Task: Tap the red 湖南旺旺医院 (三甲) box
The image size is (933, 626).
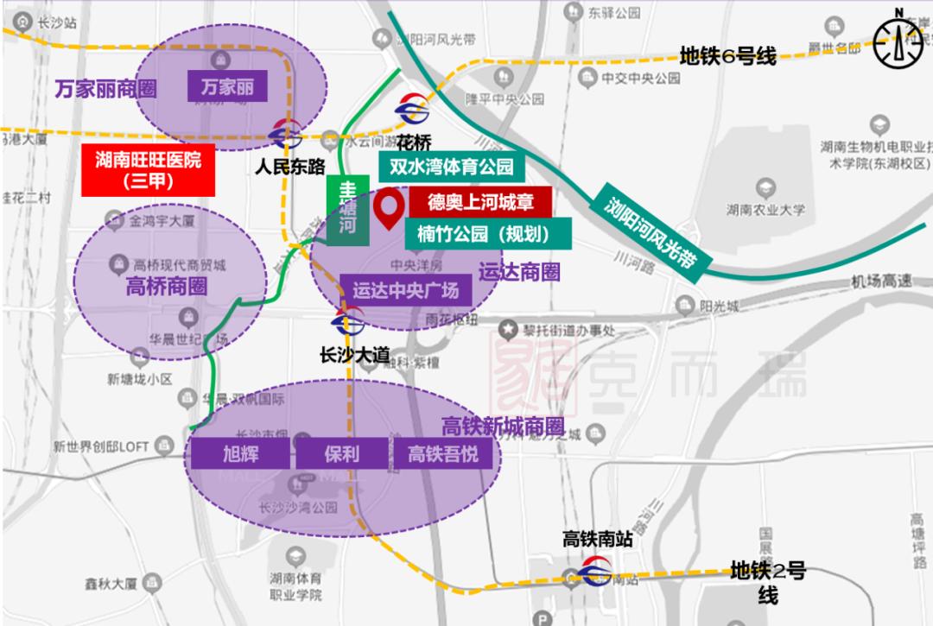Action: [x=148, y=170]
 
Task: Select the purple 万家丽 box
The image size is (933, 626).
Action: [x=227, y=87]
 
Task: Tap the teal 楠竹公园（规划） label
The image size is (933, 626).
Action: [x=487, y=231]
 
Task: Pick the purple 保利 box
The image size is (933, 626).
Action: [x=342, y=454]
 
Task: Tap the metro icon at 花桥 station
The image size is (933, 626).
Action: [x=413, y=110]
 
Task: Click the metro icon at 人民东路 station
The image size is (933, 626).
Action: [x=285, y=134]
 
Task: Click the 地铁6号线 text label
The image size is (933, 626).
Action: [x=727, y=56]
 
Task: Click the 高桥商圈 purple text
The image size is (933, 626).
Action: [x=166, y=286]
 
